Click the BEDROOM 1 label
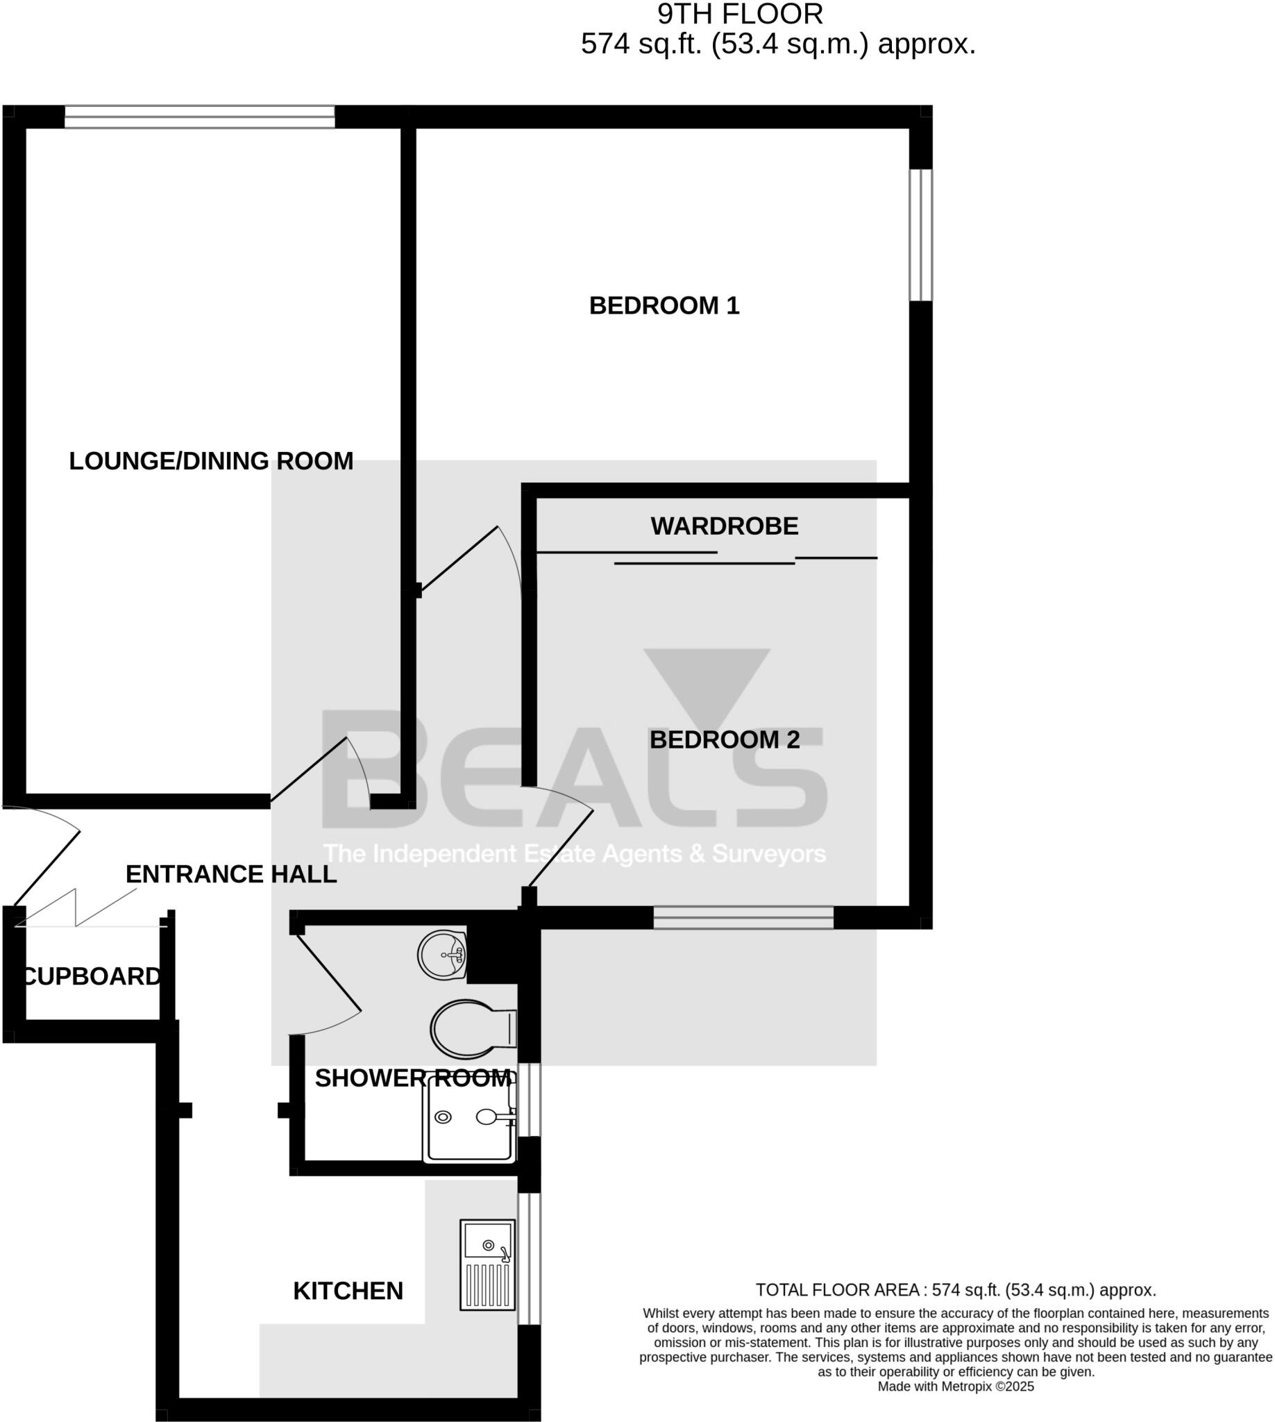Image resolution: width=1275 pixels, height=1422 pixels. [664, 306]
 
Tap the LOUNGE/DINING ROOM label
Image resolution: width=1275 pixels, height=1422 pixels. [211, 461]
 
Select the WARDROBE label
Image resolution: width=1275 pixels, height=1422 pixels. [724, 526]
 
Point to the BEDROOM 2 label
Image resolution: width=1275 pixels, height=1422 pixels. [724, 739]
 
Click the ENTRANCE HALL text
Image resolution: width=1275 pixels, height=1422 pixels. [230, 874]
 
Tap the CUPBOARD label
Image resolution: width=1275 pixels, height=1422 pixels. [92, 976]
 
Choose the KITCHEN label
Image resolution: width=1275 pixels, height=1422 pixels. [348, 1291]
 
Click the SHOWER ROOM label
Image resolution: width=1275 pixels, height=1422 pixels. [413, 1078]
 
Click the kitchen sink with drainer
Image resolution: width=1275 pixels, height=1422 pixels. [487, 1264]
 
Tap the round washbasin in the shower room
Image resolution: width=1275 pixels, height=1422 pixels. [443, 955]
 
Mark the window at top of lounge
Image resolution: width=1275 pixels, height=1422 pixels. [200, 117]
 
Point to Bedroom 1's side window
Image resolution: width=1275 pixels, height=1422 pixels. [920, 235]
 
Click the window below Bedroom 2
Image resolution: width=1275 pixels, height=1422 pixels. [743, 917]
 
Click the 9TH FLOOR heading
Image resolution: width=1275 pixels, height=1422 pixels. [739, 14]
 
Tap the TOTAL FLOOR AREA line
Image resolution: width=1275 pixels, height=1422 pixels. [955, 1289]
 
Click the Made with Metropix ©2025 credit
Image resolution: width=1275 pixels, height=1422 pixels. [955, 1387]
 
